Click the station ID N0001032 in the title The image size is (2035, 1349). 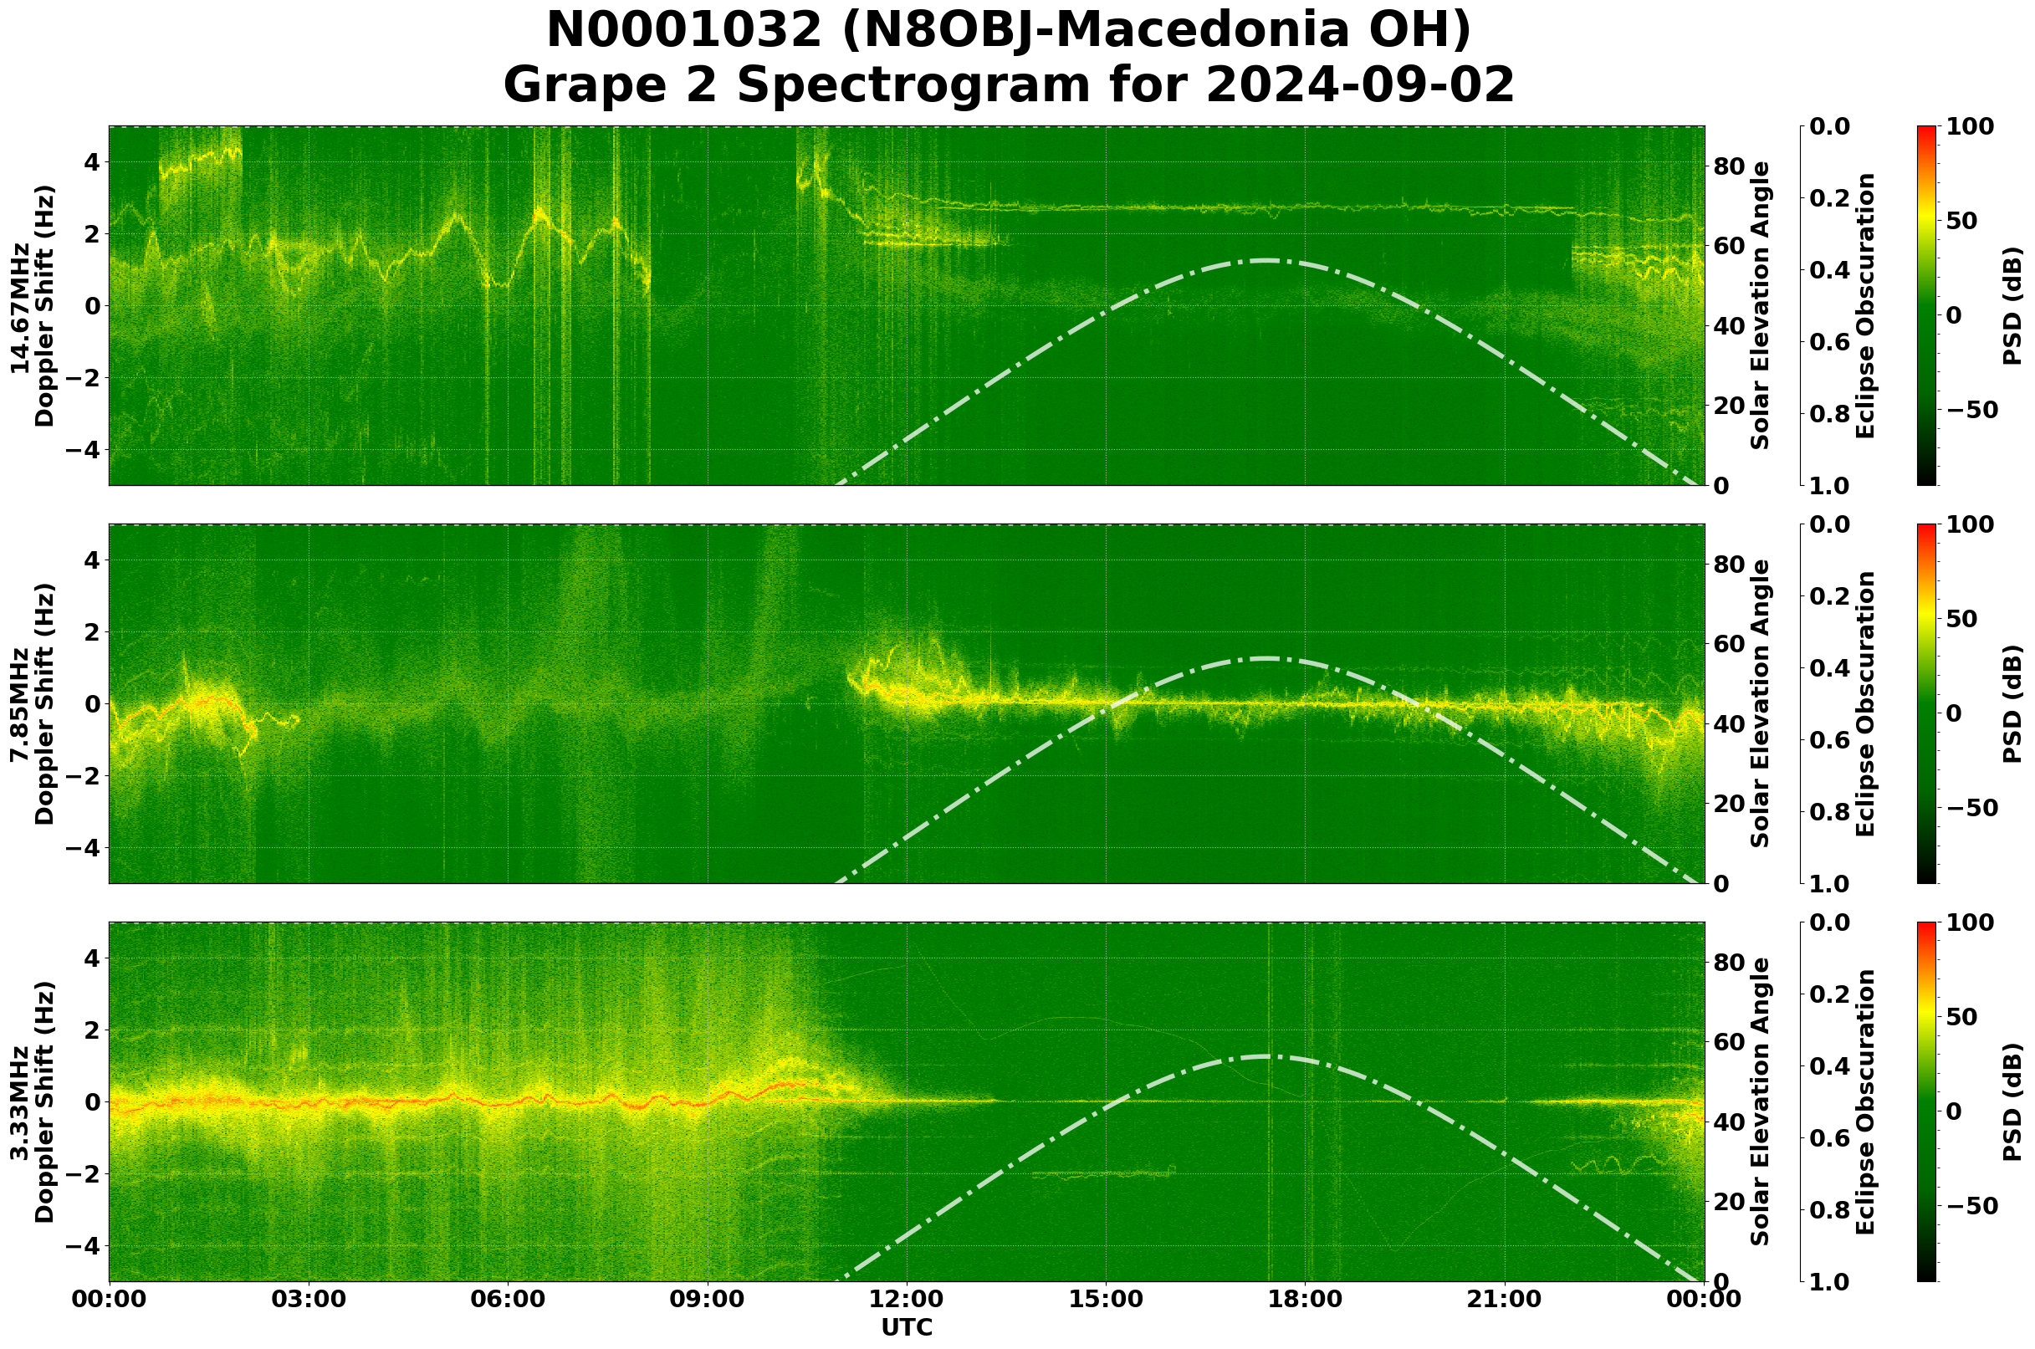click(685, 31)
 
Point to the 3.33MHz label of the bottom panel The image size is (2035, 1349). click(20, 1102)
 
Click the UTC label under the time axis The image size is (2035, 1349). click(907, 1327)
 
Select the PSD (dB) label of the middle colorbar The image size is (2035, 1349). click(2012, 703)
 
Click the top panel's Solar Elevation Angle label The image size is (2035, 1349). click(1761, 305)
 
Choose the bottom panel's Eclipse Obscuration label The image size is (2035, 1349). click(1864, 1102)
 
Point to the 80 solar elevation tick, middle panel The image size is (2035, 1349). click(1729, 565)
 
